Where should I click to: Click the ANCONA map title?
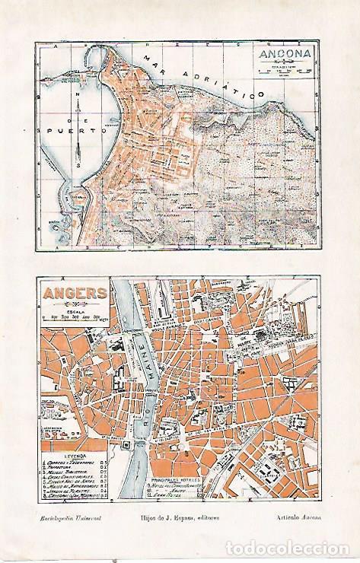(x=281, y=56)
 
